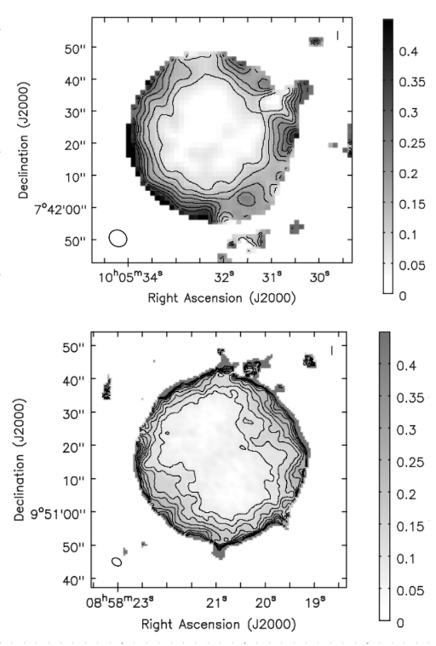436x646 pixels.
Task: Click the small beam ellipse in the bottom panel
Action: coord(117,562)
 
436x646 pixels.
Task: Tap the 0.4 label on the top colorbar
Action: coord(410,52)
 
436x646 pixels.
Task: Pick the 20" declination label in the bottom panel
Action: coord(74,447)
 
